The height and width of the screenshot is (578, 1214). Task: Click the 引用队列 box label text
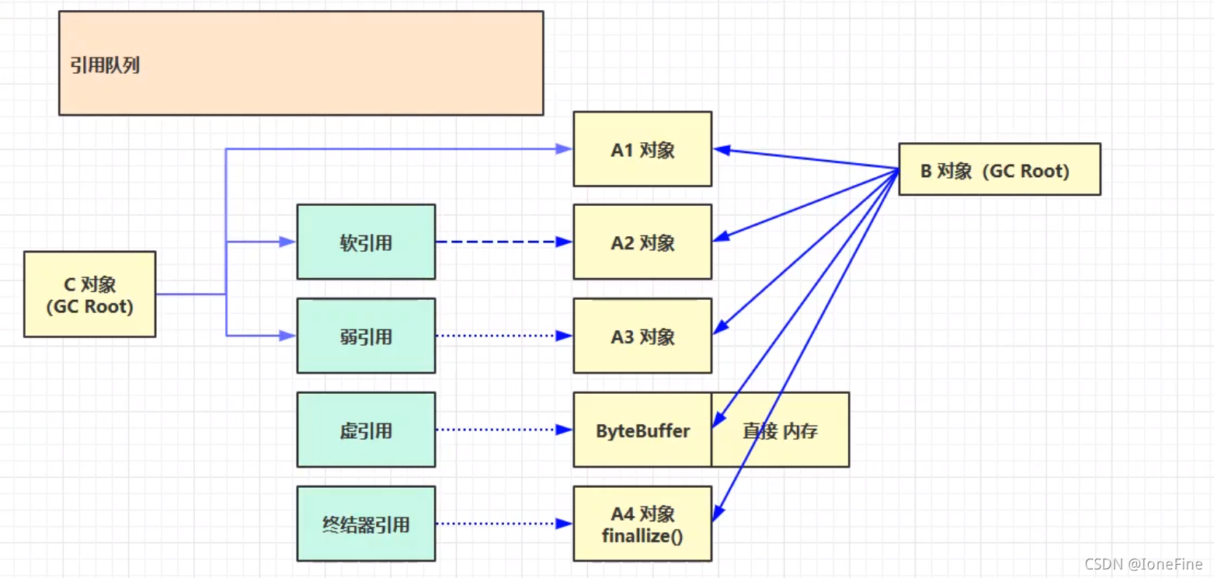pos(105,65)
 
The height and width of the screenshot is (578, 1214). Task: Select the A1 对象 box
pos(642,149)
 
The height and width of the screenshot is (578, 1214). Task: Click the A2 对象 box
pos(642,242)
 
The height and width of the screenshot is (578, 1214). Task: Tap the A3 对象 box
pos(642,336)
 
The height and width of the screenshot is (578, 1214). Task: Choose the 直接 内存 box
pos(781,430)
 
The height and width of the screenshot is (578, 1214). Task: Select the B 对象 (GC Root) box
pos(1000,169)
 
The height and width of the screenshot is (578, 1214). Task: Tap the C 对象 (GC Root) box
pos(89,294)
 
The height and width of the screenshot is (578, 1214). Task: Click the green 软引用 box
pos(366,242)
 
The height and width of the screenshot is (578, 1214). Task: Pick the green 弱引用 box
pos(366,336)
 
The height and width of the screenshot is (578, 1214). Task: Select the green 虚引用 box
pos(366,430)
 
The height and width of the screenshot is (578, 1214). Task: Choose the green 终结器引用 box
pos(366,524)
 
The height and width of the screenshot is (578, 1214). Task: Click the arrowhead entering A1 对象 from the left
pos(565,149)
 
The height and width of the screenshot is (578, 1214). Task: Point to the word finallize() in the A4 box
pos(642,535)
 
